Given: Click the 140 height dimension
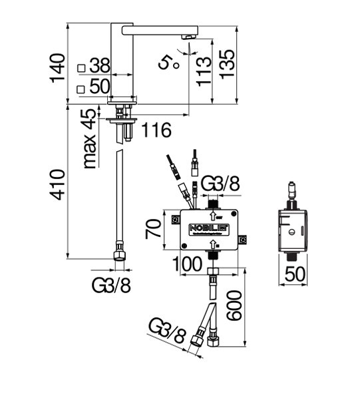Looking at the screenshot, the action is pos(58,68).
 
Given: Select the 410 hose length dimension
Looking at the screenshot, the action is pos(57,185).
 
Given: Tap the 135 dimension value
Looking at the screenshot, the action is pos(227,65).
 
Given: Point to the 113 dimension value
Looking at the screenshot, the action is pos(204,71).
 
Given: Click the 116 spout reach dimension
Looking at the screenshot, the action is pos(157,130).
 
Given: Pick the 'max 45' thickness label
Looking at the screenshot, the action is pos(90,138).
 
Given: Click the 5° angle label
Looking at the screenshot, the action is pos(168,63).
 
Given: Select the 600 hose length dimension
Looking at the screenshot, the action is pos(234,305).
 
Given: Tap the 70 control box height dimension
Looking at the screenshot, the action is pos(153,229).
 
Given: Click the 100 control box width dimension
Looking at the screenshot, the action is pos(187,264).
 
